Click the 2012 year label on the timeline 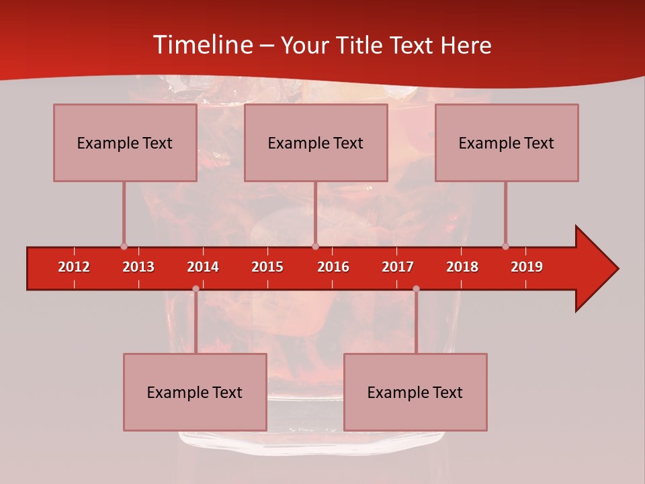(74, 267)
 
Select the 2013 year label (138, 267)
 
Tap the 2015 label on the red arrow (267, 267)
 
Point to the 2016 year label (333, 267)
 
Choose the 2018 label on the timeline (462, 267)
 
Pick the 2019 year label (527, 267)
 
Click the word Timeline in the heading (201, 45)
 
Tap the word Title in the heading (361, 45)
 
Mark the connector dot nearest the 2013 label (124, 246)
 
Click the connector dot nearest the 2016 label (315, 246)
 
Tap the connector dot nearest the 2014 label (196, 289)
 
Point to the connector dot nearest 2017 (416, 289)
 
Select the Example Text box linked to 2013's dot (125, 143)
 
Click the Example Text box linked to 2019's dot (507, 143)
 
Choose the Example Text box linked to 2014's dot (195, 392)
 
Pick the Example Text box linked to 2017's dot (415, 392)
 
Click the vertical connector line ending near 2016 (315, 212)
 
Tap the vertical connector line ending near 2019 (505, 212)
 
